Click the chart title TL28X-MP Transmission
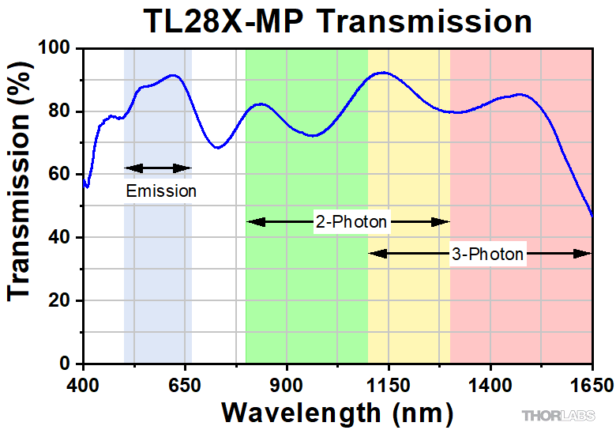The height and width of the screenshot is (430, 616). click(x=337, y=21)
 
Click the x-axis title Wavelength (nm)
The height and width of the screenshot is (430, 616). click(x=337, y=411)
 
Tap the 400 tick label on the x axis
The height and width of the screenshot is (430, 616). click(x=83, y=385)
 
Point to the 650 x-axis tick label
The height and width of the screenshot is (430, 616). click(x=185, y=385)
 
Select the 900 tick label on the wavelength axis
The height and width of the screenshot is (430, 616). click(x=287, y=385)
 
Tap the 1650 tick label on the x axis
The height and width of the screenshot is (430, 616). click(x=592, y=385)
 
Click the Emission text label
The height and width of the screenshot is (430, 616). click(x=161, y=190)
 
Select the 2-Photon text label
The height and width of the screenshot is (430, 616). click(x=351, y=222)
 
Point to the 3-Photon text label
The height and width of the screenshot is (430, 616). click(x=487, y=254)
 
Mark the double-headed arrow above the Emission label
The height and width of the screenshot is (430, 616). click(x=158, y=168)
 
